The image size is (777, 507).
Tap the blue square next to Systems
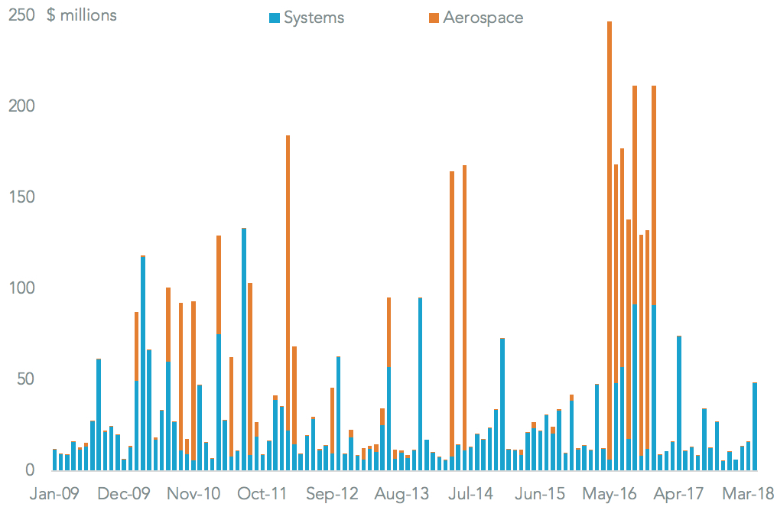[277, 18]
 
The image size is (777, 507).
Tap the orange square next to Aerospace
[435, 18]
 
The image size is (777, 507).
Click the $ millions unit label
[82, 15]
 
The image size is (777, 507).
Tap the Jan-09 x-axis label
[54, 493]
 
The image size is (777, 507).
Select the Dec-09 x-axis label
[123, 493]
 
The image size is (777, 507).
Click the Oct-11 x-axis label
[262, 493]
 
